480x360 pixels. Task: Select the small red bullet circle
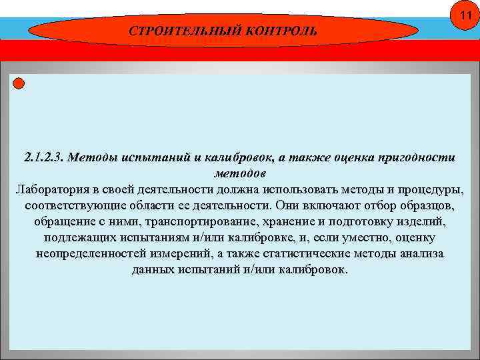[19, 83]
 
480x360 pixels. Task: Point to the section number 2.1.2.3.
[43, 158]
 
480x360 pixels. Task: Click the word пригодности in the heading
[417, 158]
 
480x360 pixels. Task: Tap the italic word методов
[239, 173]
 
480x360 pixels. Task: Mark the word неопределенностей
[91, 254]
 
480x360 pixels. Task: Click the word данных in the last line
[153, 270]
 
